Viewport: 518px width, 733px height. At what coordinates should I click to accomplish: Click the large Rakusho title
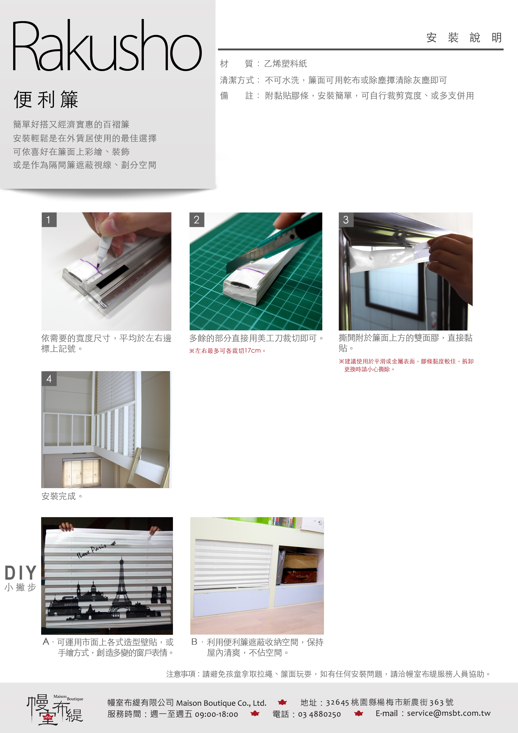click(107, 45)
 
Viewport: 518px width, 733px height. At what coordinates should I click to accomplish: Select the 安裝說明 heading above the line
click(464, 38)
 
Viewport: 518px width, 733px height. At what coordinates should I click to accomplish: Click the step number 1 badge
click(49, 220)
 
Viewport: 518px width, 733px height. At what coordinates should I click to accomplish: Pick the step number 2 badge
click(197, 220)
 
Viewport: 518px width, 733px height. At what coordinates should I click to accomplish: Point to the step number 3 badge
click(346, 220)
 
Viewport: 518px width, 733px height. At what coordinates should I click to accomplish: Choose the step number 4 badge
click(49, 379)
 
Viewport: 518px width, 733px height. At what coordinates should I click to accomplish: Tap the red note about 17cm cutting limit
click(227, 351)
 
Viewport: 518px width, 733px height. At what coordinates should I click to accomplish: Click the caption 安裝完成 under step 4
click(62, 496)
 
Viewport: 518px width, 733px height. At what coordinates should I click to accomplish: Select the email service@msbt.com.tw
click(449, 713)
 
